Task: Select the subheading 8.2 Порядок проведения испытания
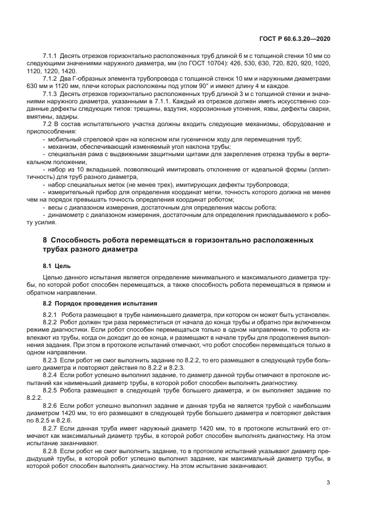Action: (x=95, y=303)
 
